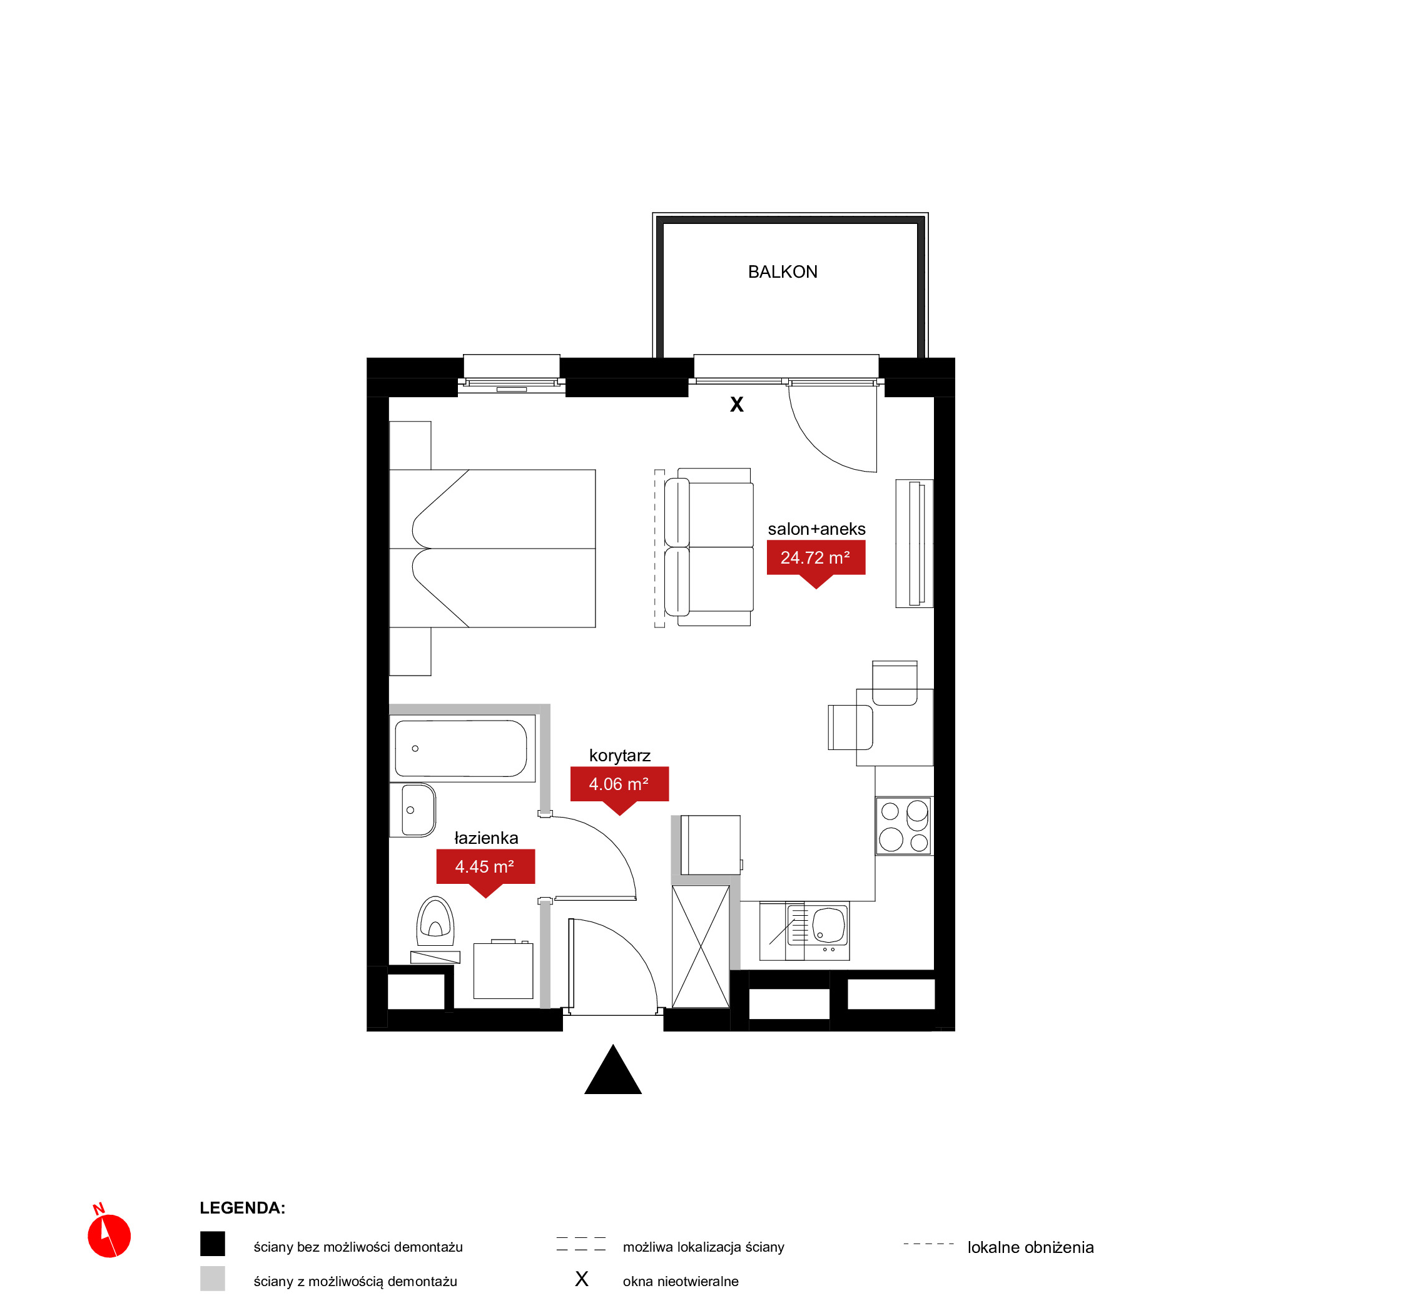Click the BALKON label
(783, 272)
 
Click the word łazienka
(486, 838)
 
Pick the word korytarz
(620, 756)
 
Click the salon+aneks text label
(816, 529)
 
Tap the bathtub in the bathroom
(462, 748)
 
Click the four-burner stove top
(904, 826)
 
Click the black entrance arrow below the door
(612, 1069)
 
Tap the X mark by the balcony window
(736, 404)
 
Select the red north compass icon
(109, 1235)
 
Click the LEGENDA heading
(242, 1208)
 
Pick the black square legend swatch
(212, 1244)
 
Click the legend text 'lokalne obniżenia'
(1030, 1247)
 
